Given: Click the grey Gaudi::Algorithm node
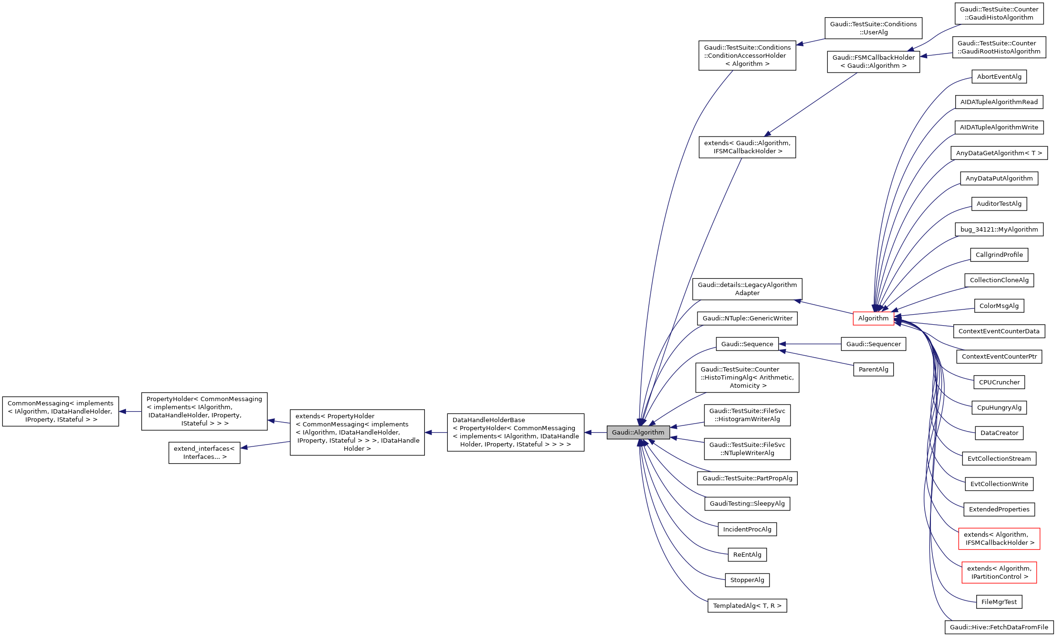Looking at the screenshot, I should coord(638,432).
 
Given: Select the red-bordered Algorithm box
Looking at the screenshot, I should coord(873,318).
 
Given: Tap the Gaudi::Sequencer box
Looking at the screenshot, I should coord(873,344).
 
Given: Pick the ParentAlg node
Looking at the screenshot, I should coord(873,369).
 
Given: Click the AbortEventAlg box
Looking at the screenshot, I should coord(999,76).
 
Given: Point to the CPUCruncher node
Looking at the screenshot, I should coord(999,382).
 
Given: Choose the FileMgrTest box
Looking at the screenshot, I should coord(999,602).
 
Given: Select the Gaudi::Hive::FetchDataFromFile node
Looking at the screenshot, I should coord(999,627).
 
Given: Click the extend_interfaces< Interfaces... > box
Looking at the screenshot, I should coord(204,453).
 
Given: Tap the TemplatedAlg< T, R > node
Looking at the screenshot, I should coord(747,605).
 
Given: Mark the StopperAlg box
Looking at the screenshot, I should coord(747,580).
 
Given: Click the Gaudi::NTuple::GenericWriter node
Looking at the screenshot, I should coord(747,318).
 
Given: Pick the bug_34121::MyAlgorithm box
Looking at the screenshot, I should coord(999,229).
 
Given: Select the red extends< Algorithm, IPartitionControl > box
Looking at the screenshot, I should coord(999,572).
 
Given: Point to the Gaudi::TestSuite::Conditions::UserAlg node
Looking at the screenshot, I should coord(873,28).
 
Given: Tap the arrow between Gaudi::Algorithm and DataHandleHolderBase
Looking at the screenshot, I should coord(595,432).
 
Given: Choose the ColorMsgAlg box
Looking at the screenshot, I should coord(999,306).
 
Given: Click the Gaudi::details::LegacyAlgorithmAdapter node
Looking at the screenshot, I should coord(747,289).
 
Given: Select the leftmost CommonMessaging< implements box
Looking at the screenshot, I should coord(61,411).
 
